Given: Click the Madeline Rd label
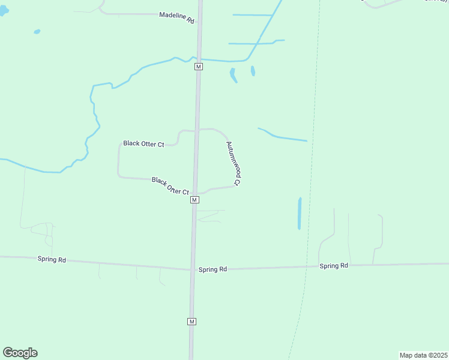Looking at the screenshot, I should [177, 18].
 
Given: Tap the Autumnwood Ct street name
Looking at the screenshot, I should [234, 163].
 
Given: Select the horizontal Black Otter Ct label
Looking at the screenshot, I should [143, 144].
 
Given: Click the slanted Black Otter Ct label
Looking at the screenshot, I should [170, 186].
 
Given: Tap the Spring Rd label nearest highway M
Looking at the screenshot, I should [212, 270].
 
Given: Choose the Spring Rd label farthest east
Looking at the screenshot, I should [334, 266].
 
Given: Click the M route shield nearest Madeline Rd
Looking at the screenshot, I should [199, 67].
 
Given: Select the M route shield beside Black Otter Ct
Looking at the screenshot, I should [194, 200].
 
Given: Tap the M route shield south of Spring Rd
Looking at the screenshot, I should [192, 322].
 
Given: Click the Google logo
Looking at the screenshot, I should [20, 353].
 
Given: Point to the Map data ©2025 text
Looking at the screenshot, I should [424, 355].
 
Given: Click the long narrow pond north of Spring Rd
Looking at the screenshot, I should [299, 214].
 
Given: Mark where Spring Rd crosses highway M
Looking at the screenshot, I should [193, 269].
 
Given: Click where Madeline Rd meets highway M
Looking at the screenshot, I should [199, 14].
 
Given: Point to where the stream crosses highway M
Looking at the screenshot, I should [199, 59].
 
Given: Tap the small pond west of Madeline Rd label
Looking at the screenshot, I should [37, 31].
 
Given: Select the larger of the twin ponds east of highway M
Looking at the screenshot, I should [232, 75].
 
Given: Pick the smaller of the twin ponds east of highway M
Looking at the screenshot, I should [253, 71].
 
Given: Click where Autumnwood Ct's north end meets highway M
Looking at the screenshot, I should [197, 130].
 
